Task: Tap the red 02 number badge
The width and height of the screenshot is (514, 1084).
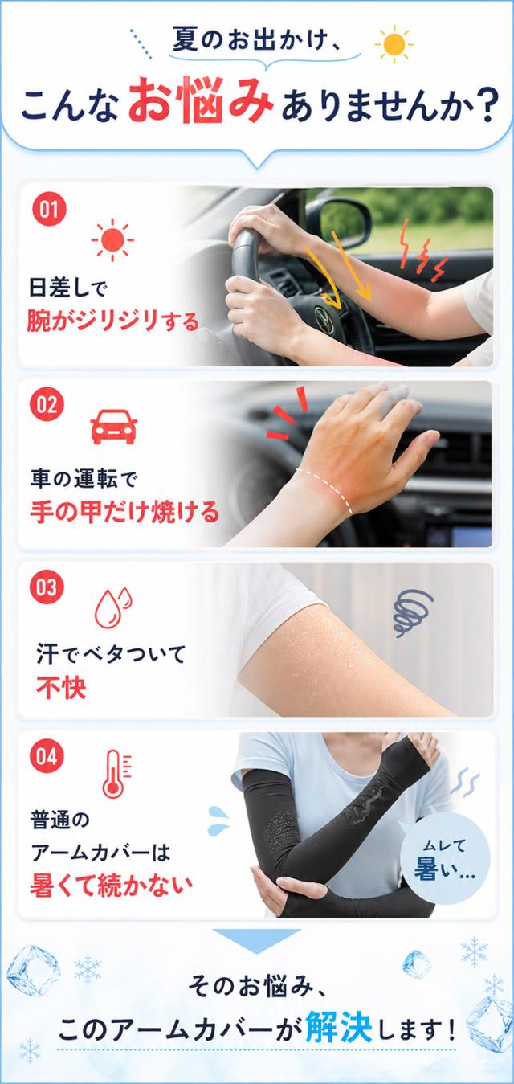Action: (47, 404)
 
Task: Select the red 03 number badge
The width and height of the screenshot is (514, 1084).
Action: (47, 587)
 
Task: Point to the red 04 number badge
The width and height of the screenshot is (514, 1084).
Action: (47, 756)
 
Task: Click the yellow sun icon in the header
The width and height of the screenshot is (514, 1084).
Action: (394, 44)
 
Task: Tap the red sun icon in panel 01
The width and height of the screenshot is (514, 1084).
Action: (112, 239)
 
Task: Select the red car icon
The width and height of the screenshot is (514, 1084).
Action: (114, 427)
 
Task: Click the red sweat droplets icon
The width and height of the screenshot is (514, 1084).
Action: (113, 607)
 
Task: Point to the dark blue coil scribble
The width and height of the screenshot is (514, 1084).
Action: (411, 612)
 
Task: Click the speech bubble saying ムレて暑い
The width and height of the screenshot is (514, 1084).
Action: (446, 859)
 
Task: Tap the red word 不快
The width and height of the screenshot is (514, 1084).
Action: (61, 688)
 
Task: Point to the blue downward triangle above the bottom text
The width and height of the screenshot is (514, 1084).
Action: (257, 942)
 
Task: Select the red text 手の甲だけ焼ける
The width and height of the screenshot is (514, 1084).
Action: (124, 512)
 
